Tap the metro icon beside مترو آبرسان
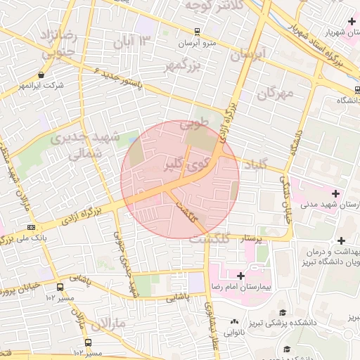pos(198,32)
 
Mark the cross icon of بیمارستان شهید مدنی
pos(335,193)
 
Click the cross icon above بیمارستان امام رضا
pos(241,276)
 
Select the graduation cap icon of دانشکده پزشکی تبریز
pos(283,313)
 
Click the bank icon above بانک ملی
pos(31,227)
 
